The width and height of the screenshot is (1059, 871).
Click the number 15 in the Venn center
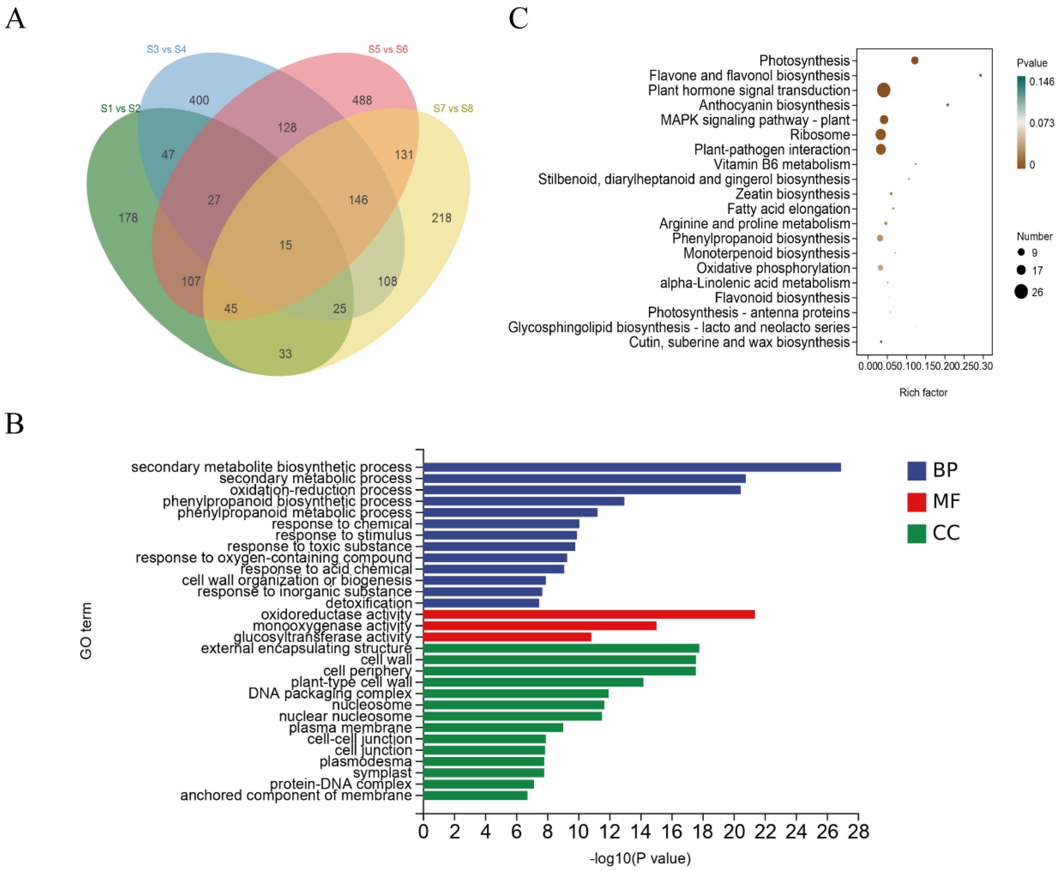(x=285, y=245)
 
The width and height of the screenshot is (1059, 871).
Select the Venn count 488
(x=362, y=100)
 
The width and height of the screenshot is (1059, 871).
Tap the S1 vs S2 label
(x=120, y=108)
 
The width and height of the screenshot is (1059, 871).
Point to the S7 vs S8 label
(x=453, y=108)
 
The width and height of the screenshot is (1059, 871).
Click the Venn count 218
(x=441, y=218)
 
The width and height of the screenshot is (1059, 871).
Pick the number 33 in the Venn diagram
(x=285, y=354)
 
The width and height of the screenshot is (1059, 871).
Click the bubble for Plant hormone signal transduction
(x=884, y=90)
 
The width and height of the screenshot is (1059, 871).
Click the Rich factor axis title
(x=923, y=392)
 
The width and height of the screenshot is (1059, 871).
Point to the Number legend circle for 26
(x=1021, y=292)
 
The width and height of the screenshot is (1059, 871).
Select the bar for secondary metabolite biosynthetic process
(x=632, y=467)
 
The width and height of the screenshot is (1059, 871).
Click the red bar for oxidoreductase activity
(x=589, y=615)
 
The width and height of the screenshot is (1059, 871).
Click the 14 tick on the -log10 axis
(x=640, y=832)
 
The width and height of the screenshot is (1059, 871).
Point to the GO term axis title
(x=86, y=631)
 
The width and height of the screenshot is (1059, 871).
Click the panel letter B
(x=15, y=424)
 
